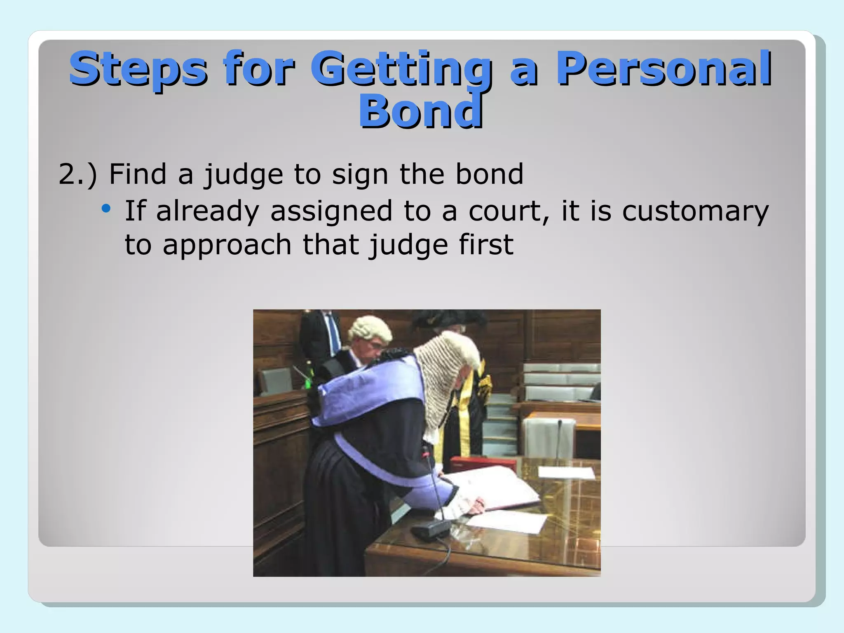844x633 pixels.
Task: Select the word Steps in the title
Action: pyautogui.click(x=138, y=68)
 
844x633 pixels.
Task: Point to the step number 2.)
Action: pyautogui.click(x=77, y=174)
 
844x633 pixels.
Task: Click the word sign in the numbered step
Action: pyautogui.click(x=360, y=174)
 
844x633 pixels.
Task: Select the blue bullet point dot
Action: pyautogui.click(x=106, y=209)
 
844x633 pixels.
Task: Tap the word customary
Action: pyautogui.click(x=695, y=211)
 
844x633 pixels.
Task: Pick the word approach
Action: pyautogui.click(x=227, y=245)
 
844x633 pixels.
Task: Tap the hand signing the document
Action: pyautogui.click(x=478, y=505)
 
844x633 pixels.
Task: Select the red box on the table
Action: pyautogui.click(x=482, y=464)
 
